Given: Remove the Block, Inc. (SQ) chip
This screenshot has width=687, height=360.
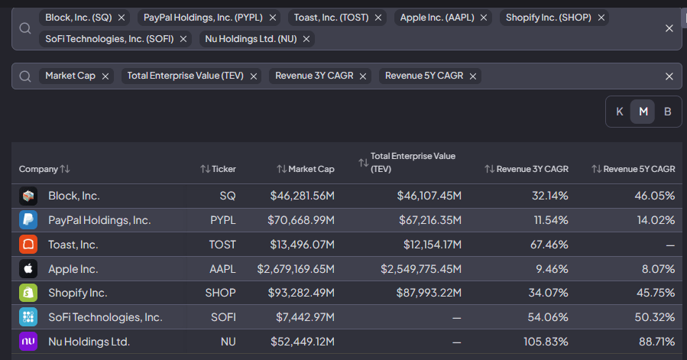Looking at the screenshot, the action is click(x=122, y=18).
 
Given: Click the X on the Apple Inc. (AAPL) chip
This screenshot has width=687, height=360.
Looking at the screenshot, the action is click(x=484, y=18).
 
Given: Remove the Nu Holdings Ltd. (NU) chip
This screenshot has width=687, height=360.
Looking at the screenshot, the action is click(x=306, y=39).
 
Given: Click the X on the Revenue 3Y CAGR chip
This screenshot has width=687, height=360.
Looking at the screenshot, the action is click(x=363, y=76).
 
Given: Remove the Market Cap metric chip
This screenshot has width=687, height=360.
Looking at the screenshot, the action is click(x=105, y=76).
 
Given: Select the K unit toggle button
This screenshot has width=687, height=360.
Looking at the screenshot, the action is click(x=620, y=112).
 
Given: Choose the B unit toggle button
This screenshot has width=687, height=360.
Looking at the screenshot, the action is click(x=667, y=112).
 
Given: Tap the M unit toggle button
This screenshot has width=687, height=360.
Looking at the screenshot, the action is click(x=643, y=112).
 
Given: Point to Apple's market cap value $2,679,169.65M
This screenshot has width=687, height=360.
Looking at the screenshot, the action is click(x=296, y=269).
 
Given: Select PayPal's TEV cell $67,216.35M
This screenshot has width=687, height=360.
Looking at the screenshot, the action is click(x=429, y=220).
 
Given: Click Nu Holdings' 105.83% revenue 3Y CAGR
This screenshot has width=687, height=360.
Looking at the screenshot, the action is click(x=546, y=342).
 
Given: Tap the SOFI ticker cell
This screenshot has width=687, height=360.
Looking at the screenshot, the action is click(x=223, y=317).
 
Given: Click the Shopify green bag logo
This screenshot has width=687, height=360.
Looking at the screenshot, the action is click(x=28, y=293).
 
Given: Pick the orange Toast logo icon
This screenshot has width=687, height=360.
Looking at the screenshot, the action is click(x=28, y=245).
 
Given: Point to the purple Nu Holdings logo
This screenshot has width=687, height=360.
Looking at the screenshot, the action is click(x=28, y=342).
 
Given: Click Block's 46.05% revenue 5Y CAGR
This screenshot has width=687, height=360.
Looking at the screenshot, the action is click(x=655, y=196).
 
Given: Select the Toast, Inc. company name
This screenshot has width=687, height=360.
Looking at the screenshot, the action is click(x=73, y=245).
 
